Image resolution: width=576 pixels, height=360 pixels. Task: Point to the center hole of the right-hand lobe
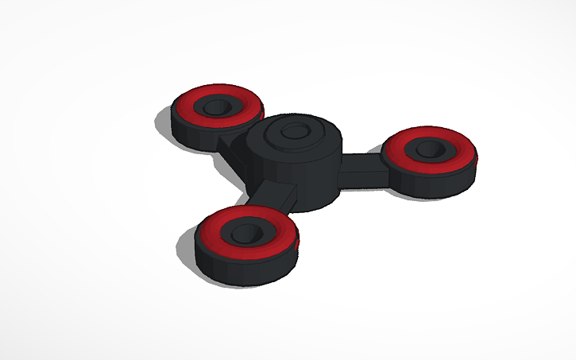point(430,148)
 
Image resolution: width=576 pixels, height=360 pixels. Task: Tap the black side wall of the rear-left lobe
point(195,135)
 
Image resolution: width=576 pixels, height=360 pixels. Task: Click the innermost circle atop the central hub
point(294,132)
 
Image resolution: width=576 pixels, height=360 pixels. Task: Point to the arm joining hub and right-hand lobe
point(361,168)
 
